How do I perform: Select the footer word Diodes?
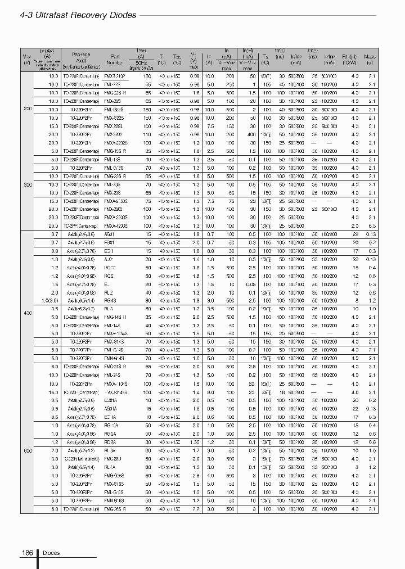50,553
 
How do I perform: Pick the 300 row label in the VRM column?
27,184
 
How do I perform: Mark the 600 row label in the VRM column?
27,451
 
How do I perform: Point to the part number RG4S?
110,301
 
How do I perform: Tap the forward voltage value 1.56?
195,442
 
